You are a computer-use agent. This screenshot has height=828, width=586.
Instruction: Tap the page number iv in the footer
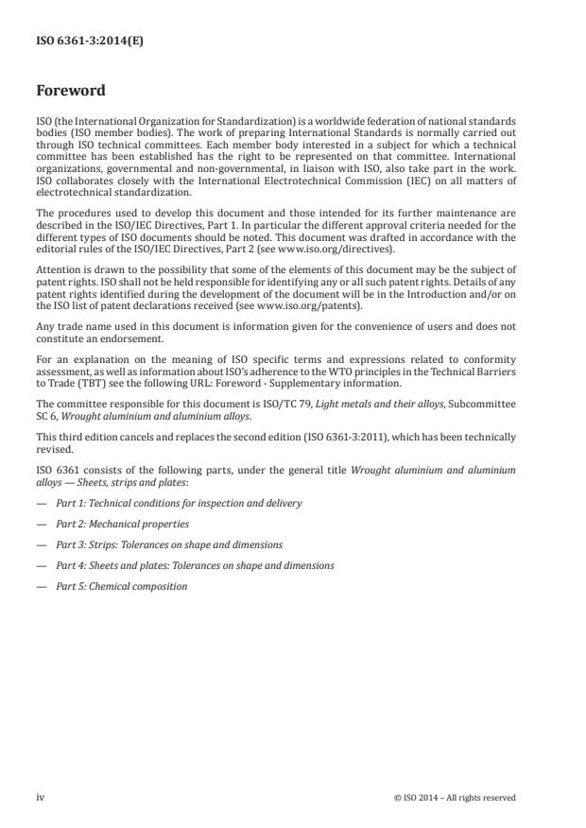click(x=41, y=797)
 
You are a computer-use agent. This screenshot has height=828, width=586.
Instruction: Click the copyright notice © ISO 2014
click(x=455, y=797)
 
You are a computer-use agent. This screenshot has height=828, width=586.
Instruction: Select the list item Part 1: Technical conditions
click(x=179, y=503)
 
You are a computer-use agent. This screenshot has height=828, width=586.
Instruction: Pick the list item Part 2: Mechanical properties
click(x=122, y=524)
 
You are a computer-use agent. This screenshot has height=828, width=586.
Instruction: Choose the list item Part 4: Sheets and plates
click(x=195, y=565)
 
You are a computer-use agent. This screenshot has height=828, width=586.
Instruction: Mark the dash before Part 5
click(x=41, y=586)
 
